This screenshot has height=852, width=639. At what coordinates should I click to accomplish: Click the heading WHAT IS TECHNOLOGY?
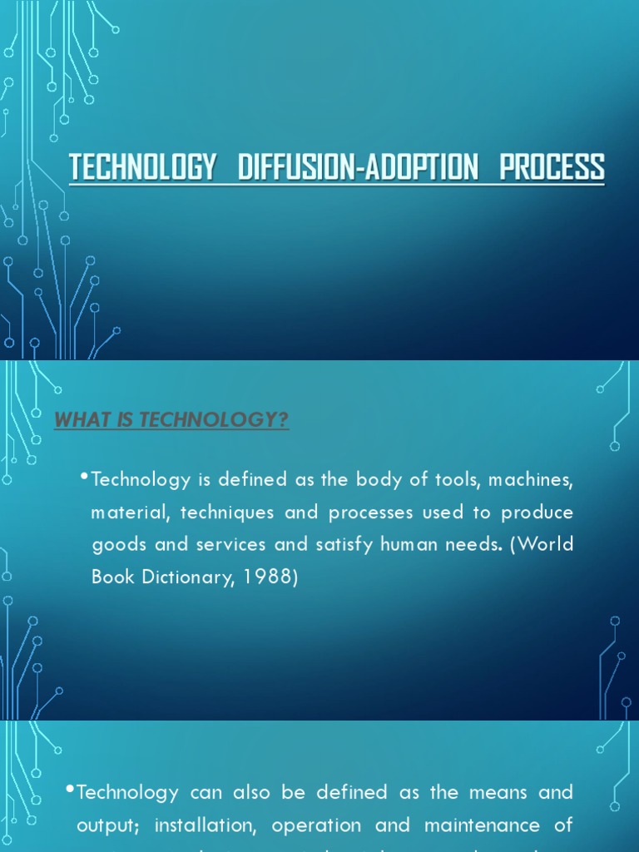(171, 420)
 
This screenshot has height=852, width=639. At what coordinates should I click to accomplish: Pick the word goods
(116, 545)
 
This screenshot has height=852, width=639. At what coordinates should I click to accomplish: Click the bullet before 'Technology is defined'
(86, 477)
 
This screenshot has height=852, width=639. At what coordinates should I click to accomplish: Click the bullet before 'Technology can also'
(71, 790)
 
